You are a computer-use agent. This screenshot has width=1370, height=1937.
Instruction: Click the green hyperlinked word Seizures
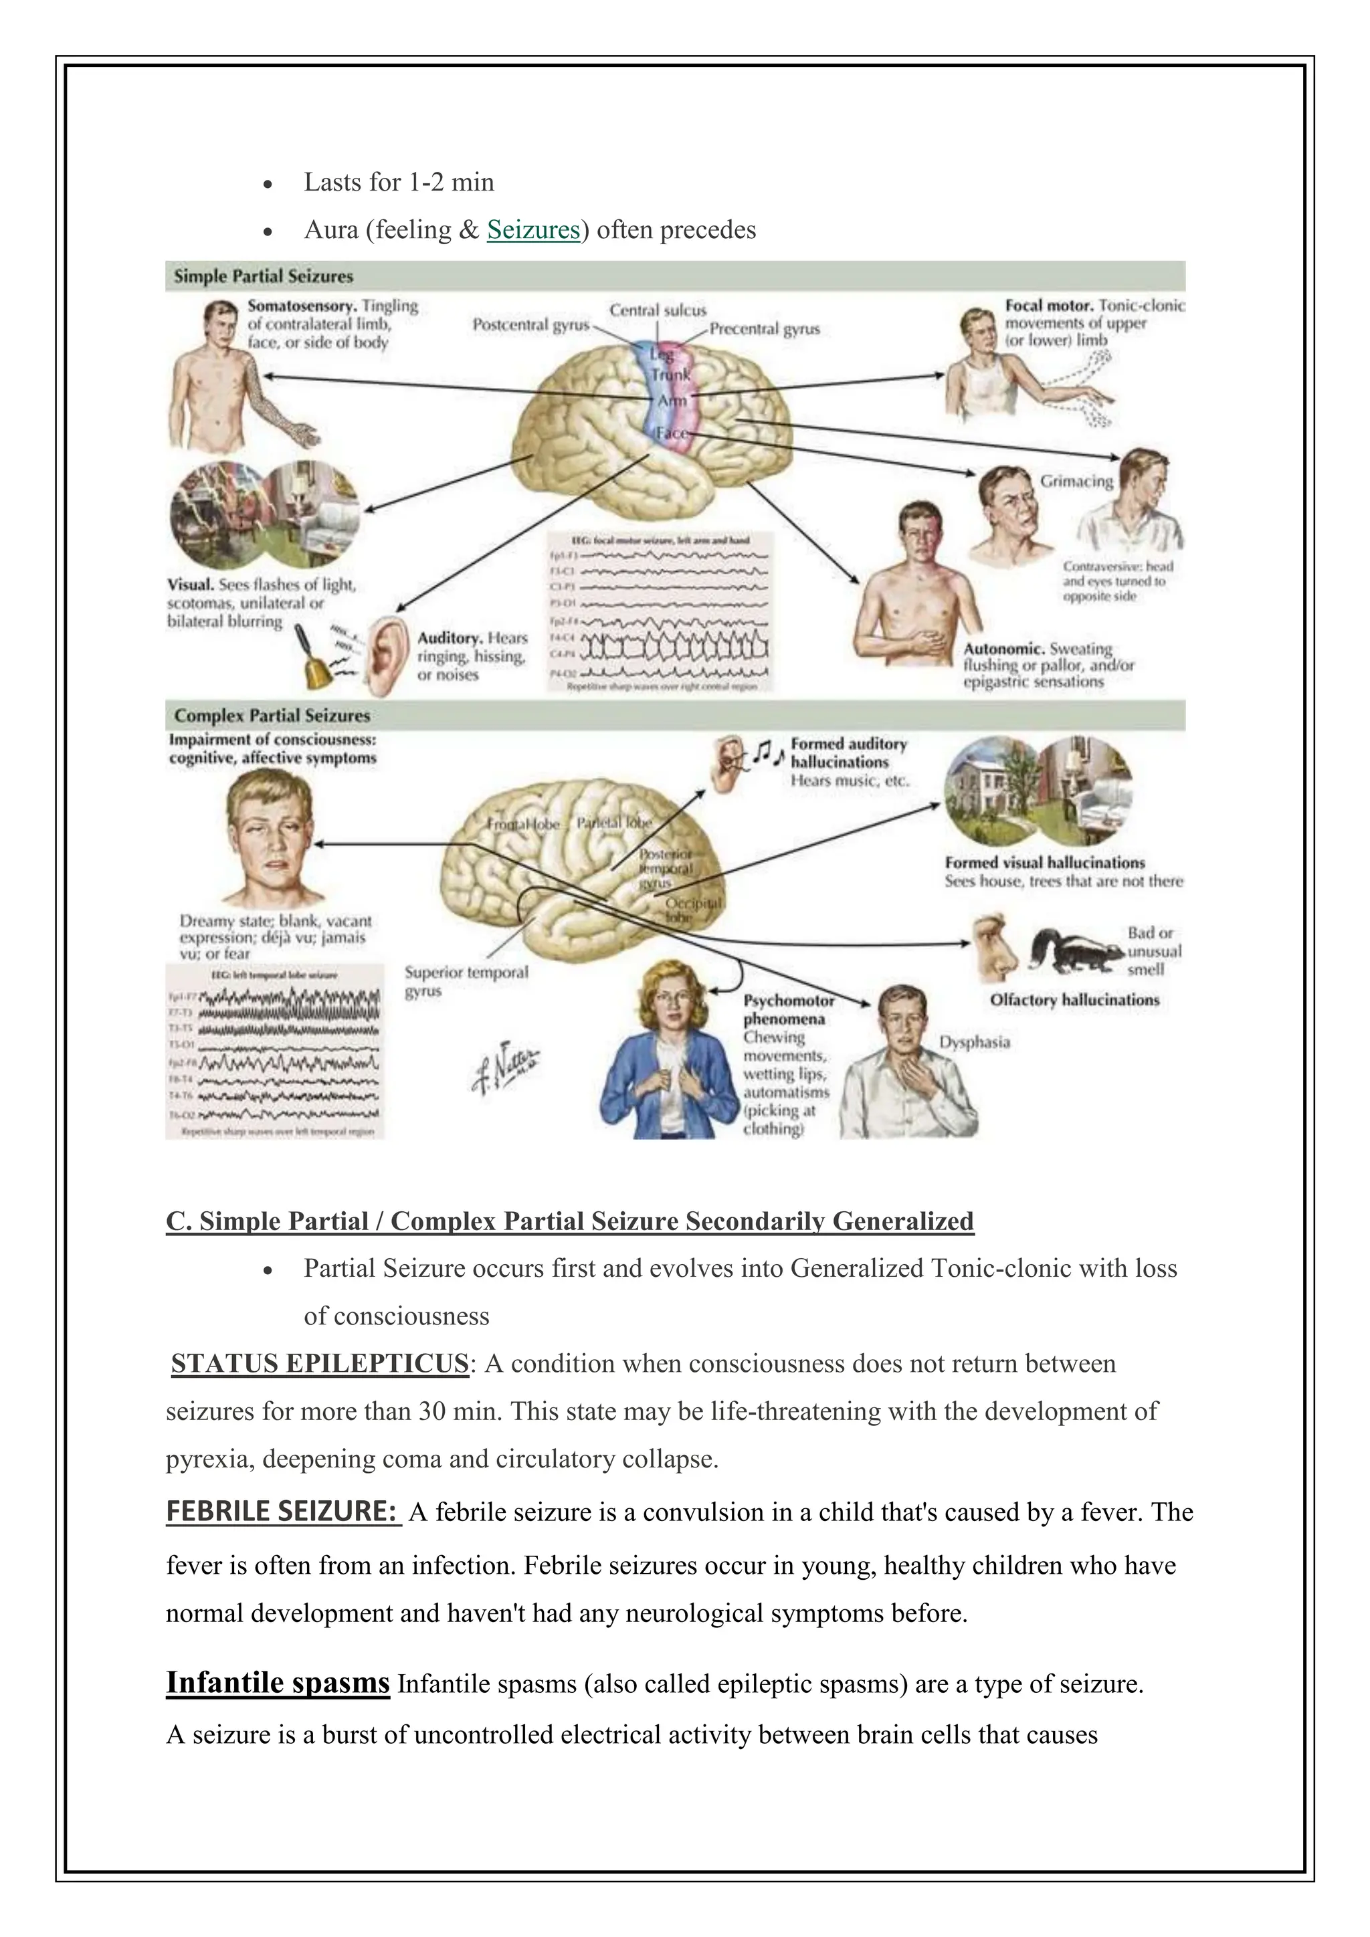pyautogui.click(x=533, y=229)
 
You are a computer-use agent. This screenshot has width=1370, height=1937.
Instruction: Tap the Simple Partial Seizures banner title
pyautogui.click(x=263, y=276)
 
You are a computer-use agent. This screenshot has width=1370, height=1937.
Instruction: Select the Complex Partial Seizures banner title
pyautogui.click(x=272, y=716)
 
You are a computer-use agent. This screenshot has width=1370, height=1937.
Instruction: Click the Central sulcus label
pyautogui.click(x=658, y=310)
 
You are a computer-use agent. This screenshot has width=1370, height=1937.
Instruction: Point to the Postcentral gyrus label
pyautogui.click(x=530, y=325)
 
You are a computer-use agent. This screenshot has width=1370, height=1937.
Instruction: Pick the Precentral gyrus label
pyautogui.click(x=765, y=329)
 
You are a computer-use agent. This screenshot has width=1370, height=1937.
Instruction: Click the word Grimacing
pyautogui.click(x=1076, y=481)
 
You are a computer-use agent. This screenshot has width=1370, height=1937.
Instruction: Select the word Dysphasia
pyautogui.click(x=975, y=1042)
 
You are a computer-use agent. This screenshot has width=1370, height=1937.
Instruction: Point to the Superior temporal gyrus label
pyautogui.click(x=466, y=981)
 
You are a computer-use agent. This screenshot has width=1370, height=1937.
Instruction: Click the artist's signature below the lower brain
pyautogui.click(x=506, y=1067)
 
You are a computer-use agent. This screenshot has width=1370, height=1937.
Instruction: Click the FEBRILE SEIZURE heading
pyautogui.click(x=282, y=1511)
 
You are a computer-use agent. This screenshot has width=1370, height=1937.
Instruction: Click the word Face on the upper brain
pyautogui.click(x=672, y=433)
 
